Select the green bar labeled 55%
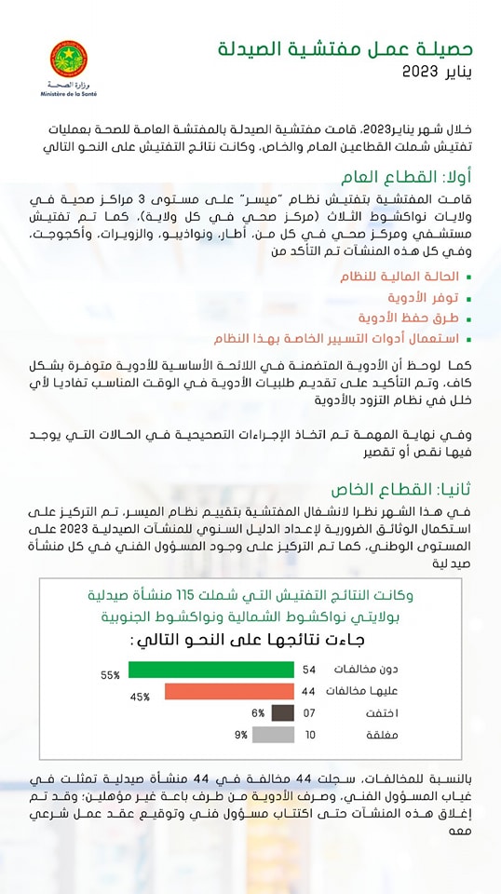click(x=211, y=670)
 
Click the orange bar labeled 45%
click(x=229, y=692)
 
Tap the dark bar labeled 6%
click(x=283, y=713)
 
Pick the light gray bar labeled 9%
click(x=273, y=735)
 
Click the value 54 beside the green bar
click(x=310, y=670)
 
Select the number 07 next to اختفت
click(x=310, y=713)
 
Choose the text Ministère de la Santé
click(x=69, y=94)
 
